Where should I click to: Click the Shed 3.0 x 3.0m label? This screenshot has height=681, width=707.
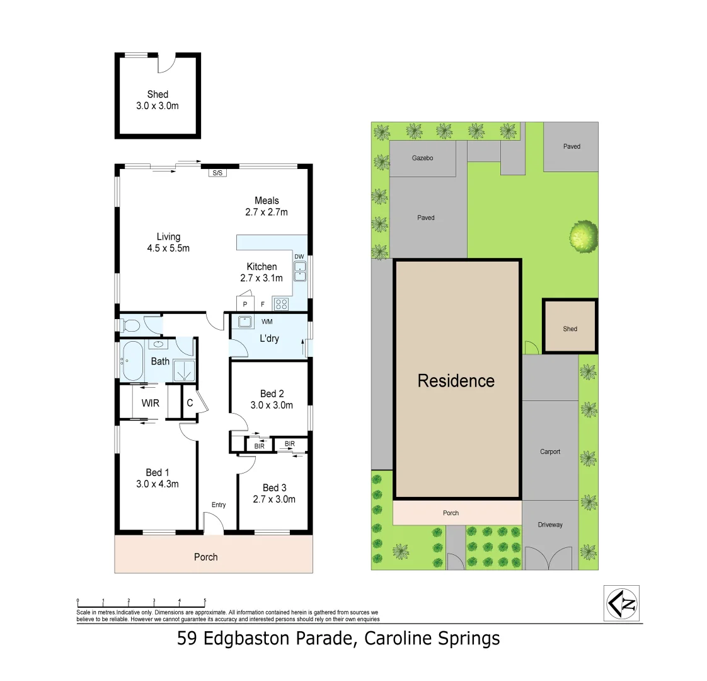pyautogui.click(x=158, y=100)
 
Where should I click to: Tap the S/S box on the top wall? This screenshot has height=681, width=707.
pyautogui.click(x=217, y=172)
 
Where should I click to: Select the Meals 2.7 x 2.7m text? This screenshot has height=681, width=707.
pyautogui.click(x=267, y=206)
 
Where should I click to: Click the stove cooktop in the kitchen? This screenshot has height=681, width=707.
pyautogui.click(x=280, y=305)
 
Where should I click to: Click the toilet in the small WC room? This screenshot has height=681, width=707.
pyautogui.click(x=131, y=325)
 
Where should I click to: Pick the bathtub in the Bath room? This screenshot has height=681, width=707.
pyautogui.click(x=132, y=361)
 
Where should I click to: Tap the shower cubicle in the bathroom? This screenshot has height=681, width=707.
pyautogui.click(x=183, y=371)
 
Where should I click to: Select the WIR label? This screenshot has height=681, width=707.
pyautogui.click(x=150, y=403)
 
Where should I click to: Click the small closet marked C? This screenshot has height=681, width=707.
pyautogui.click(x=190, y=403)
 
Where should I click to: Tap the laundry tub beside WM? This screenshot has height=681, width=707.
pyautogui.click(x=245, y=322)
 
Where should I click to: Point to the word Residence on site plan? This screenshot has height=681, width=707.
pyautogui.click(x=456, y=381)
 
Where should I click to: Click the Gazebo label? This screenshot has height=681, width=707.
pyautogui.click(x=422, y=158)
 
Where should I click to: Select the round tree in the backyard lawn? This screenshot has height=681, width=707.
pyautogui.click(x=583, y=236)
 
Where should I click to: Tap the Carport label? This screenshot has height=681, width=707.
pyautogui.click(x=550, y=451)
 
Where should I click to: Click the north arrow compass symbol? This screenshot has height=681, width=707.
pyautogui.click(x=622, y=603)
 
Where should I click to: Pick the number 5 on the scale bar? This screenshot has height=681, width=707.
pyautogui.click(x=205, y=601)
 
